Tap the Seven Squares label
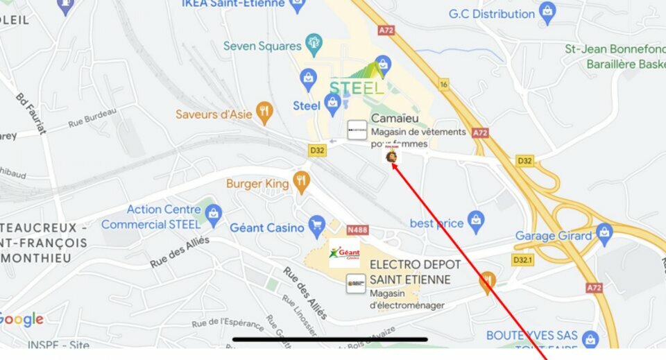pyautogui.click(x=262, y=46)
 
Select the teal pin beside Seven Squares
pyautogui.click(x=314, y=45)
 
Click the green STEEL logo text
pyautogui.click(x=357, y=87)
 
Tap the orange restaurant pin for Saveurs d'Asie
pyautogui.click(x=264, y=112)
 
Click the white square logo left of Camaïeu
pyautogui.click(x=357, y=130)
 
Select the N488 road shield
pyautogui.click(x=357, y=229)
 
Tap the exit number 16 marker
pyautogui.click(x=444, y=84)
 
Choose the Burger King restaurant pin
pyautogui.click(x=300, y=182)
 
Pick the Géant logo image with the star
pyautogui.click(x=344, y=253)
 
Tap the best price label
pyautogui.click(x=436, y=223)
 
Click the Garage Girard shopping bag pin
pyautogui.click(x=604, y=234)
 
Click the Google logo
pyautogui.click(x=21, y=320)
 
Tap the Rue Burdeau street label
pyautogui.click(x=92, y=119)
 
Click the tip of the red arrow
pyautogui.click(x=392, y=162)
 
